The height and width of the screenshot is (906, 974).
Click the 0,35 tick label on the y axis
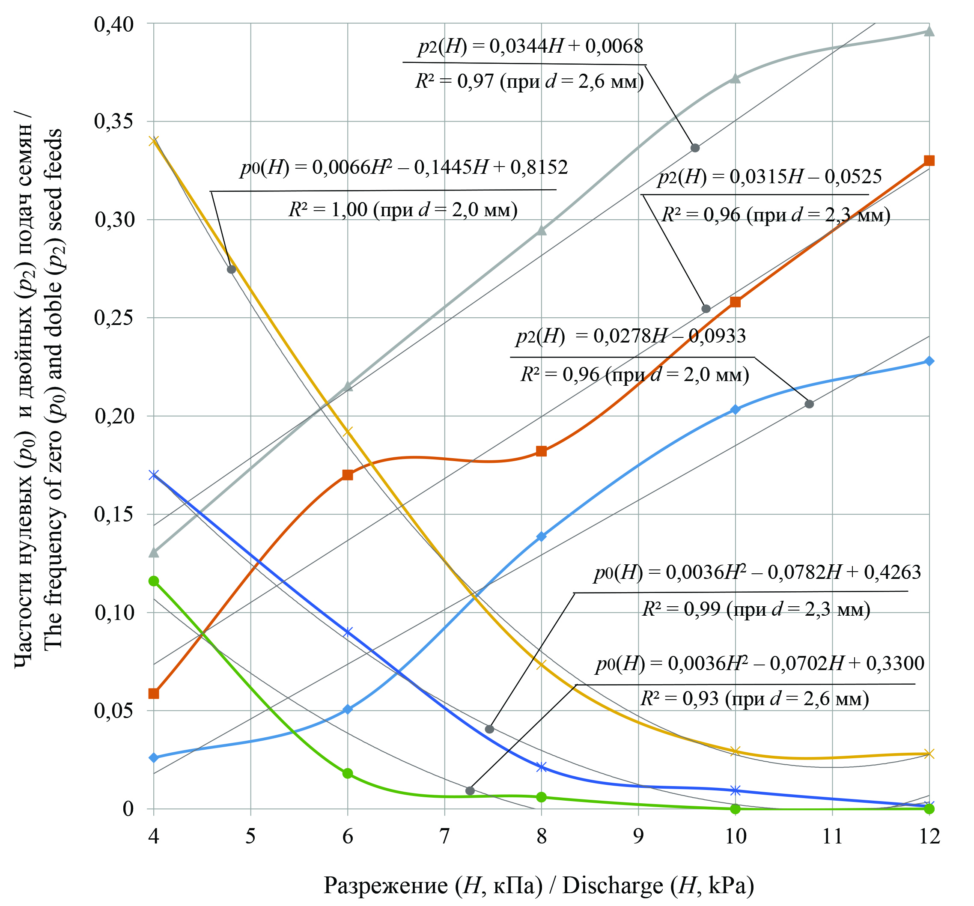pos(113,121)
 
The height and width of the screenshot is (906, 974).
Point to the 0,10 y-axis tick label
pos(113,613)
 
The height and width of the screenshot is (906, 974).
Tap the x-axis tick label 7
pos(444,836)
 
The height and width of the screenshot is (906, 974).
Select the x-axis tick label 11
pos(832,836)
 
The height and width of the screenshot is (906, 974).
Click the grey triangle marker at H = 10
pos(735,78)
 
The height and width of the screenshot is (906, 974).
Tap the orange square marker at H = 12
pos(929,161)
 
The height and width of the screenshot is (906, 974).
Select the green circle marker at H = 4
pos(154,581)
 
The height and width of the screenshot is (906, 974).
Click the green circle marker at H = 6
pos(347,774)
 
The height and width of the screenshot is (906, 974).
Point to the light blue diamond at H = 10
pos(735,410)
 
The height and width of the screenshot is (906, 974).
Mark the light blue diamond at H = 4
pos(154,758)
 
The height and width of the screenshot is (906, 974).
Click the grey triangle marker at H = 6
pos(347,387)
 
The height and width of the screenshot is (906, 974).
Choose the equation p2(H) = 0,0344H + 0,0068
pos(530,47)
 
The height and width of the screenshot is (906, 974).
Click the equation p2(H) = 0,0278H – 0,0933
pos(631,336)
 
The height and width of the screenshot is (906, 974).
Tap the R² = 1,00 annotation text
pos(403,210)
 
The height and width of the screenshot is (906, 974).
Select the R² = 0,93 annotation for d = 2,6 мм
pos(754,698)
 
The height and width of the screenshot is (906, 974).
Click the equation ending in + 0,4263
pos(757,572)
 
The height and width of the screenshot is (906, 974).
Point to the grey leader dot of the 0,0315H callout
pos(706,309)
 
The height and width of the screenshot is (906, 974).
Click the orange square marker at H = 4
pos(154,693)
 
